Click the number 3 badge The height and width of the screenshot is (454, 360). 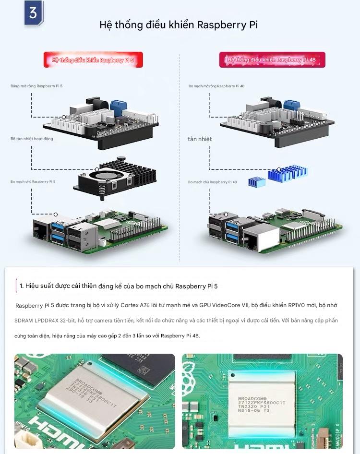click(x=33, y=13)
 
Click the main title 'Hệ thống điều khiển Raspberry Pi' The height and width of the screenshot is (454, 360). click(x=179, y=25)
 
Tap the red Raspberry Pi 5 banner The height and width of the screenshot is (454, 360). click(x=93, y=60)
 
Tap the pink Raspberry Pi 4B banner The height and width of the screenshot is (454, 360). click(x=272, y=60)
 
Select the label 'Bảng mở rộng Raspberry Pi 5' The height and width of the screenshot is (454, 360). click(x=36, y=86)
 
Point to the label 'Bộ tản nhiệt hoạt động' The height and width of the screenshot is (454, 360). click(x=32, y=139)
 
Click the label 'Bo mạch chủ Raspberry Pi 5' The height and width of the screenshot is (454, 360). click(x=33, y=182)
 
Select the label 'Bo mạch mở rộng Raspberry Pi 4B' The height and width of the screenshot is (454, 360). click(x=216, y=86)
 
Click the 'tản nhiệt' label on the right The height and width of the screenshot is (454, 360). click(x=200, y=139)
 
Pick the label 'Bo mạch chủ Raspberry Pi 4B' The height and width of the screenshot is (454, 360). click(x=212, y=182)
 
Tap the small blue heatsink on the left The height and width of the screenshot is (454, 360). click(x=256, y=181)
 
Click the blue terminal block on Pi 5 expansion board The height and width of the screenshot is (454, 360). click(x=117, y=105)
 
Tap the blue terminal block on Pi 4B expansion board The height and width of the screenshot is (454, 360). click(x=290, y=104)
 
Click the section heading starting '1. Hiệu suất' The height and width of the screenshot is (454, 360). click(x=119, y=286)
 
